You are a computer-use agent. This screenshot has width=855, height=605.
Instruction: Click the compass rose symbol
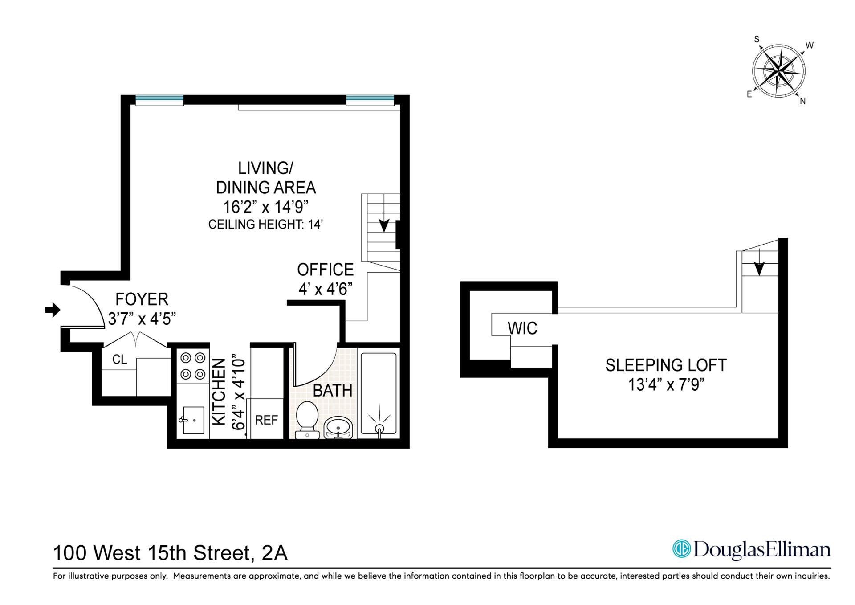(779, 71)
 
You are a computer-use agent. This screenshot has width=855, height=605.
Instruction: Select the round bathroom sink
(338, 428)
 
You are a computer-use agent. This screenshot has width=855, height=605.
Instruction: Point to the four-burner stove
(193, 366)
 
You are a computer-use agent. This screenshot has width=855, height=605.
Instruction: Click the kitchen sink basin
(193, 420)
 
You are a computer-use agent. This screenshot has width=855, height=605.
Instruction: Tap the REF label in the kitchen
(266, 420)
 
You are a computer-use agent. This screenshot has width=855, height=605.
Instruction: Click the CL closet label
(119, 360)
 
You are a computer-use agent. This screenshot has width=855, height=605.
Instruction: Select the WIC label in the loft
(522, 328)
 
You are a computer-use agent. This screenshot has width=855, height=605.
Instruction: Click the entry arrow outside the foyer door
(53, 310)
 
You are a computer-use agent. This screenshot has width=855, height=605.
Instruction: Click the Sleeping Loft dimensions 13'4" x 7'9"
(665, 384)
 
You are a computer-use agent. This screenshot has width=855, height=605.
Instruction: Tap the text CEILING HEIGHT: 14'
(265, 225)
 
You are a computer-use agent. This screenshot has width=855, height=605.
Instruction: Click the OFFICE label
(325, 270)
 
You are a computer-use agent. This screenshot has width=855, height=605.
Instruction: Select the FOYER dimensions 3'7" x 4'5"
(142, 319)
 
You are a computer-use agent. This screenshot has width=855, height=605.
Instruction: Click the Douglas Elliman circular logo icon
(681, 549)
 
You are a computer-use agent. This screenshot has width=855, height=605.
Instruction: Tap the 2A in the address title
(275, 553)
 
